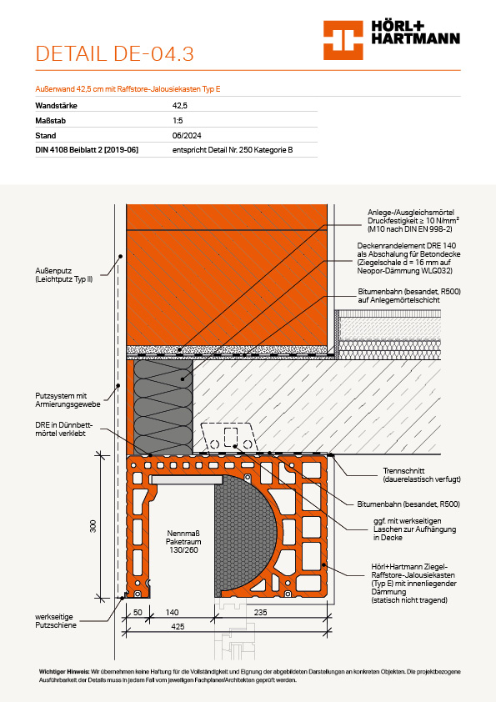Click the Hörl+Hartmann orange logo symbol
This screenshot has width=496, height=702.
(x=343, y=40)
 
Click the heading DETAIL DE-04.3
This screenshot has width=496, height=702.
(x=114, y=53)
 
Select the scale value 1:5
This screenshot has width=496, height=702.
(x=178, y=120)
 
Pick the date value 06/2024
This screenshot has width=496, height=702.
(x=187, y=135)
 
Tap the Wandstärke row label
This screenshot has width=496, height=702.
(x=56, y=106)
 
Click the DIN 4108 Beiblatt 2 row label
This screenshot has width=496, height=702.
(x=87, y=150)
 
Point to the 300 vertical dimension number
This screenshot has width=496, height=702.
(x=93, y=526)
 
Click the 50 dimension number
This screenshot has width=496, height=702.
(x=138, y=612)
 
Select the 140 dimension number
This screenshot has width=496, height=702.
(x=172, y=612)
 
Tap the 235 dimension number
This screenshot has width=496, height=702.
(x=260, y=612)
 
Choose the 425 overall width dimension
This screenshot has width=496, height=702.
(x=178, y=626)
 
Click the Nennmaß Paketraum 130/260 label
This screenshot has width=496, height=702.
(x=183, y=541)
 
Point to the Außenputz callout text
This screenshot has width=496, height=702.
(x=64, y=275)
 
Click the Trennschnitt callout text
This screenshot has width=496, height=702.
(x=421, y=474)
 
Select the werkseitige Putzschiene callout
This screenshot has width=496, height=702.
(x=56, y=620)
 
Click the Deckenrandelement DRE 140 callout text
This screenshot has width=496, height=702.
(x=408, y=258)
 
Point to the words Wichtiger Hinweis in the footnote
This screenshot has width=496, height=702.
(x=64, y=671)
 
